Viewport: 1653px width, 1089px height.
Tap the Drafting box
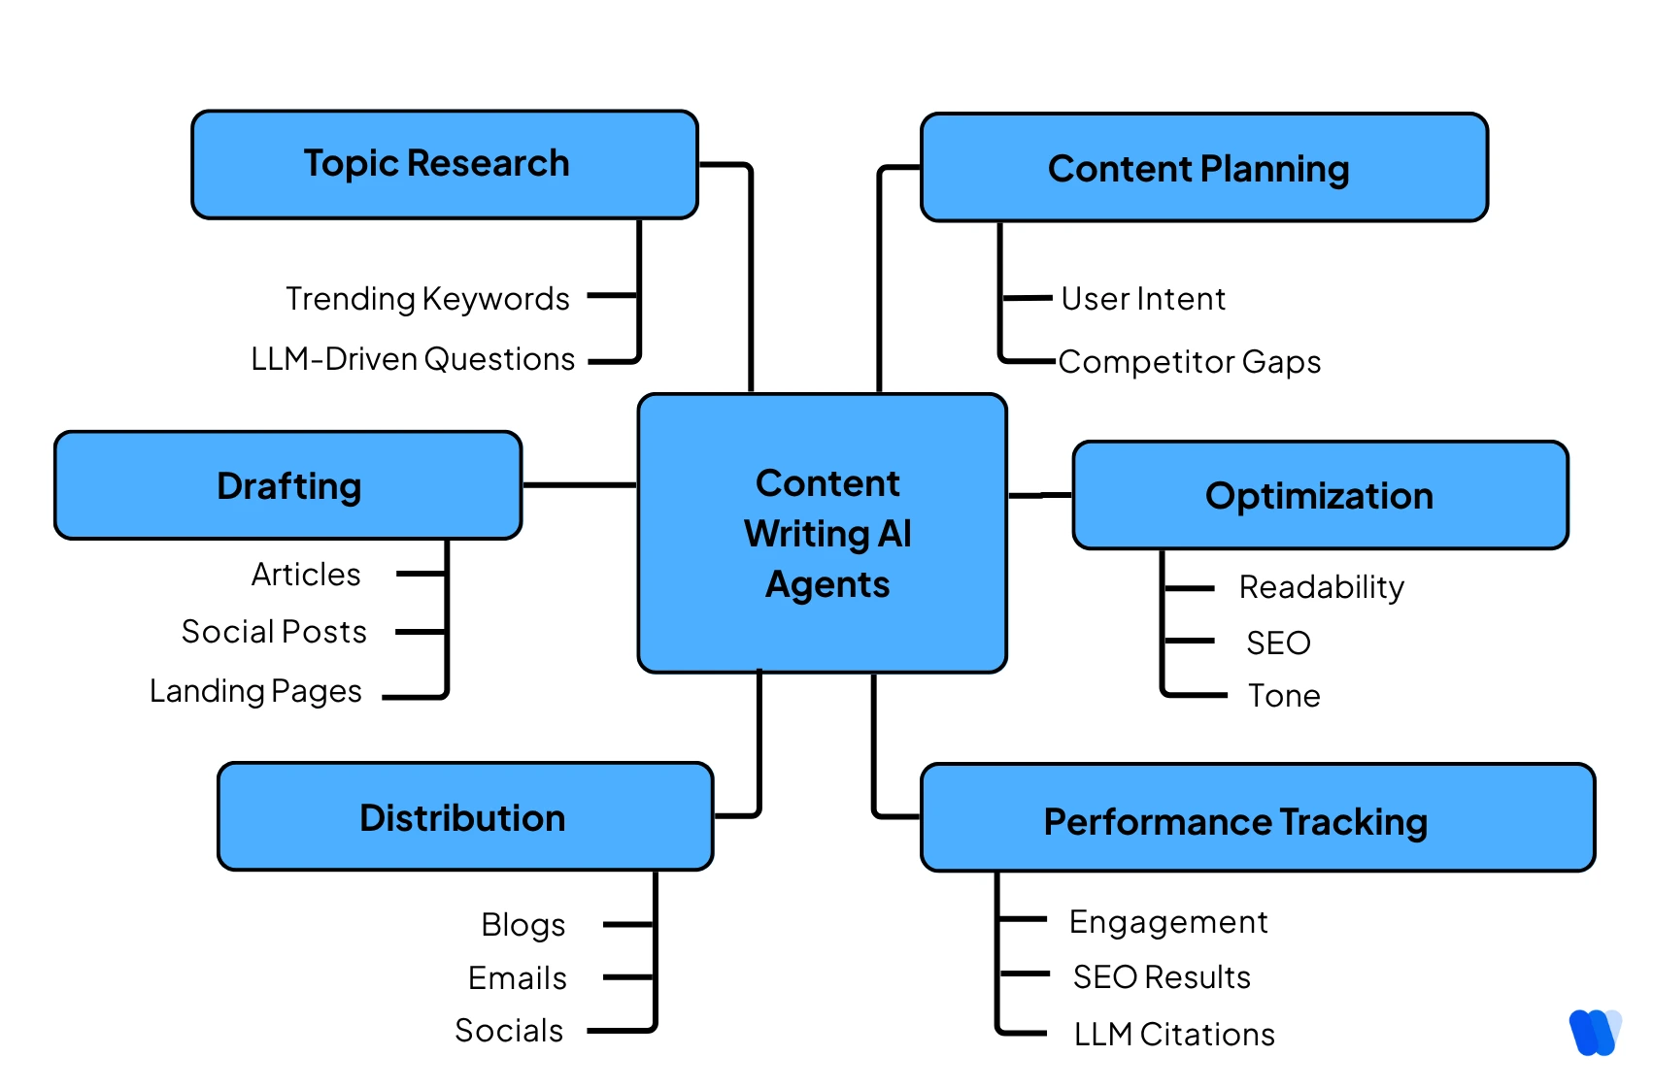(x=288, y=485)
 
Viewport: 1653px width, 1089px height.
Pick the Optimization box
(x=1320, y=495)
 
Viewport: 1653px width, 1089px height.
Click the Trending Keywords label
(x=427, y=299)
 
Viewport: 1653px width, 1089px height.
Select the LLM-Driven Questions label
(x=413, y=359)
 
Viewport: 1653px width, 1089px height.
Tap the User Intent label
(x=1143, y=299)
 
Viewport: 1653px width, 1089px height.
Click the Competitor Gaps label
(x=1190, y=362)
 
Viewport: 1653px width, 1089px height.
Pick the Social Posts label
(x=274, y=632)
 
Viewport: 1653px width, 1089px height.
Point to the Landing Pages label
(x=255, y=691)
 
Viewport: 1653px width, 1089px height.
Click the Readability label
(x=1321, y=587)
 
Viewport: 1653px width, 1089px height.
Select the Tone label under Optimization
(x=1284, y=696)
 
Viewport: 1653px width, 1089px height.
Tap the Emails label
(x=517, y=978)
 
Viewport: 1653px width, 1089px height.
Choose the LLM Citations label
(x=1174, y=1035)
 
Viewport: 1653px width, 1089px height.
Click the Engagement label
(x=1168, y=922)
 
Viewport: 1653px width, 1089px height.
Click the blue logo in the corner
(x=1594, y=1033)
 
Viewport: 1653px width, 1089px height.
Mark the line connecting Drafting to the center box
(x=580, y=484)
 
